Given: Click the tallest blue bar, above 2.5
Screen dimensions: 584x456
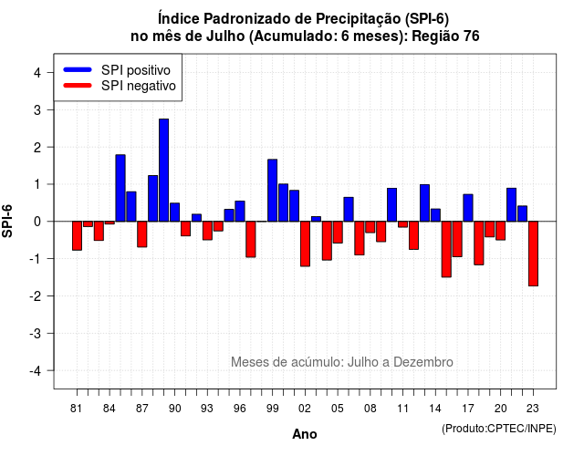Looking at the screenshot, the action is [163, 171].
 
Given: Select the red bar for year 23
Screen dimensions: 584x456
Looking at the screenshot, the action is [533, 254].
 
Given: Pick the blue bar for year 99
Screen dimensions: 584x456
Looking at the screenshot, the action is [272, 191].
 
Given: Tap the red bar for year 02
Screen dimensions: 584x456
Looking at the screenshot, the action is [305, 244].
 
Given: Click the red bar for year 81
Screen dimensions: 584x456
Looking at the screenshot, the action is [77, 235].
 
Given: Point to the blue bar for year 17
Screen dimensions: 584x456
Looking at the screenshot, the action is [468, 208].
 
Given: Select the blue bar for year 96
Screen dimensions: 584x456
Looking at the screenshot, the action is [240, 211].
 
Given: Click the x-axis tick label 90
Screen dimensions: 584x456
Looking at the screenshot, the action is [174, 409].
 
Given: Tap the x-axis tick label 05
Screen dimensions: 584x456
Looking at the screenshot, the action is [338, 409].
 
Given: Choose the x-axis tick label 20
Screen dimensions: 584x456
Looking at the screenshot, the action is [501, 409].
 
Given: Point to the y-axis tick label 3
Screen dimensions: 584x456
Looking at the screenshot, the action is [37, 109].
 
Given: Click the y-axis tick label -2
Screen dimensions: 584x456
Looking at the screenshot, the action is [35, 295].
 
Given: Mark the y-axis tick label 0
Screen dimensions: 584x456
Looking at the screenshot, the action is [37, 222].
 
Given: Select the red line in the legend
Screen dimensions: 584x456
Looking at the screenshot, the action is [78, 86].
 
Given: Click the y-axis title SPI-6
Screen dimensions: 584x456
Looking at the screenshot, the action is [7, 221].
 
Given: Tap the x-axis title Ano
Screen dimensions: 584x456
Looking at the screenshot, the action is [305, 434].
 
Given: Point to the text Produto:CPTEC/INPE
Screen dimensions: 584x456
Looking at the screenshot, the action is [499, 429].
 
